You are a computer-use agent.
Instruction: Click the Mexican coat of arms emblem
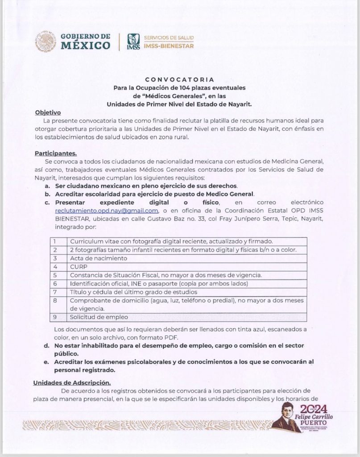46,41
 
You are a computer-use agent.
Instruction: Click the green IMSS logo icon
133,42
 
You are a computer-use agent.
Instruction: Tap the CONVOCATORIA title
180,79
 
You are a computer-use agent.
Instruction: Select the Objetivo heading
48,112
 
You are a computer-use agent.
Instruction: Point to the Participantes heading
56,153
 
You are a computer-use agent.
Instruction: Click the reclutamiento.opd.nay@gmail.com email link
107,211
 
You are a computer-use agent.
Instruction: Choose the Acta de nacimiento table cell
99,258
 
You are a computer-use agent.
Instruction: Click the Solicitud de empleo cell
99,317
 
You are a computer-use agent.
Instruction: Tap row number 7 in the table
54,292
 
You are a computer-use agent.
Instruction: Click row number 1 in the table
54,241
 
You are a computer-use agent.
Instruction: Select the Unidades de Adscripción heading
72,382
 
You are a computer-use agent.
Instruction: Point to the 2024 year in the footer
313,409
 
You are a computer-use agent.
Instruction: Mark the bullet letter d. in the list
46,346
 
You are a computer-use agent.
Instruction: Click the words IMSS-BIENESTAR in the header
172,46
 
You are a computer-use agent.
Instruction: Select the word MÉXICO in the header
85,46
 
